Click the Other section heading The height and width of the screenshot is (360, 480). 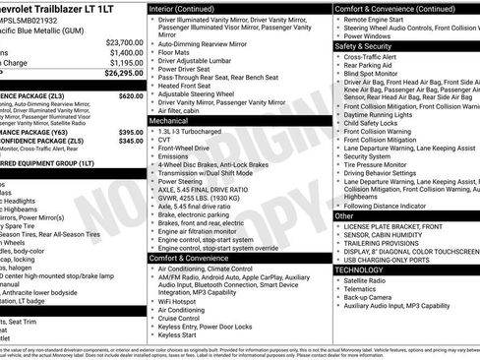coord(344,215)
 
